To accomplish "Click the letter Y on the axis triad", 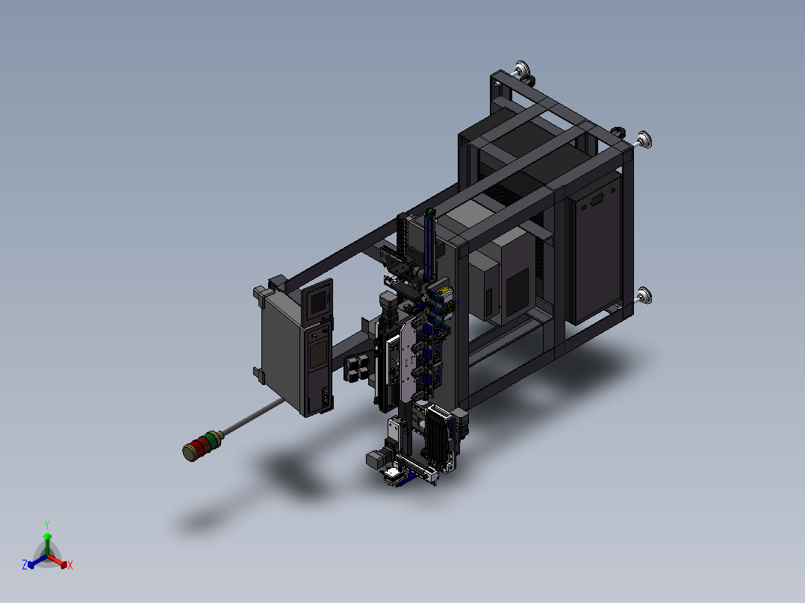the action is pos(47,525).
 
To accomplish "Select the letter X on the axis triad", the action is pos(70,565).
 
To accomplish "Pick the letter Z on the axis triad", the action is pos(25,564).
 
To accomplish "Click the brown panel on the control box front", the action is pos(318,354).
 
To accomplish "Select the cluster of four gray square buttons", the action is pos(357,369).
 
